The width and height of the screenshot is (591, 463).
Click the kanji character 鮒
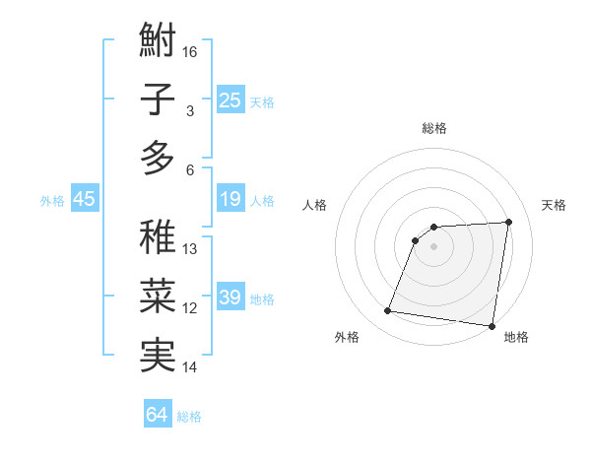coord(158,43)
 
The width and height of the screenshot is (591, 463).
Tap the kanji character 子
coord(158,100)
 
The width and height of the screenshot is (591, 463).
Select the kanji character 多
coord(158,158)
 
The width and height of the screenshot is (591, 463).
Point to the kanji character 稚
coord(158,236)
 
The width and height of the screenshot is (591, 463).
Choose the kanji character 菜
coord(158,295)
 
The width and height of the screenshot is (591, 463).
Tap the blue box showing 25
coord(230,100)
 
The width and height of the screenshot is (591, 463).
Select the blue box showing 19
coord(230,200)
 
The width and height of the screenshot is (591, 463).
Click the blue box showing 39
coord(230,298)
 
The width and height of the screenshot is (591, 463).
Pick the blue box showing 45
coord(85,200)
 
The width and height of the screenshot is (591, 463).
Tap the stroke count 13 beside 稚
coord(191,249)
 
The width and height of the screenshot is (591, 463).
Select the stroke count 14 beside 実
coord(191,367)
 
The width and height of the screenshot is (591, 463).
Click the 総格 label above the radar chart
coord(434,128)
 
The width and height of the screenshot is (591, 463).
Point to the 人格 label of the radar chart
coord(315,205)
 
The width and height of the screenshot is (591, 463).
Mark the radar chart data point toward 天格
coord(509,222)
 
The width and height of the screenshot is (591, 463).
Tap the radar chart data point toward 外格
coord(388,311)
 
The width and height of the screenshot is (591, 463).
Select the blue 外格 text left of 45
coord(52,201)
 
